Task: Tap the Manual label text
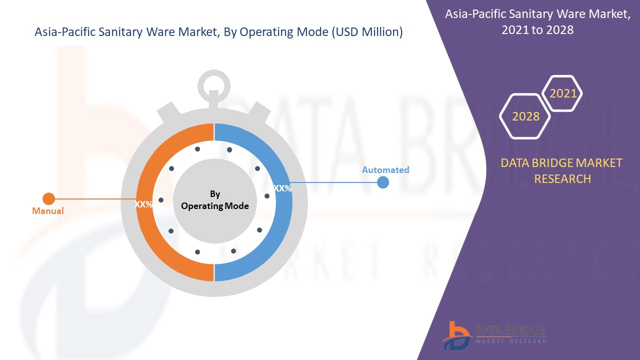(48, 211)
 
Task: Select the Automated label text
(385, 170)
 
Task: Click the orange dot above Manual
(48, 198)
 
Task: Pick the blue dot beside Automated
(383, 182)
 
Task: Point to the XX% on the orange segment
(144, 204)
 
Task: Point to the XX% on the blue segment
(283, 188)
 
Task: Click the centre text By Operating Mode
(215, 200)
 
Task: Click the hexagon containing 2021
(563, 93)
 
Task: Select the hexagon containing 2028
(525, 116)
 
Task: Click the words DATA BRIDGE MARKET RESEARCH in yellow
(562, 170)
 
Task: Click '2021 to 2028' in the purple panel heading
(537, 30)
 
